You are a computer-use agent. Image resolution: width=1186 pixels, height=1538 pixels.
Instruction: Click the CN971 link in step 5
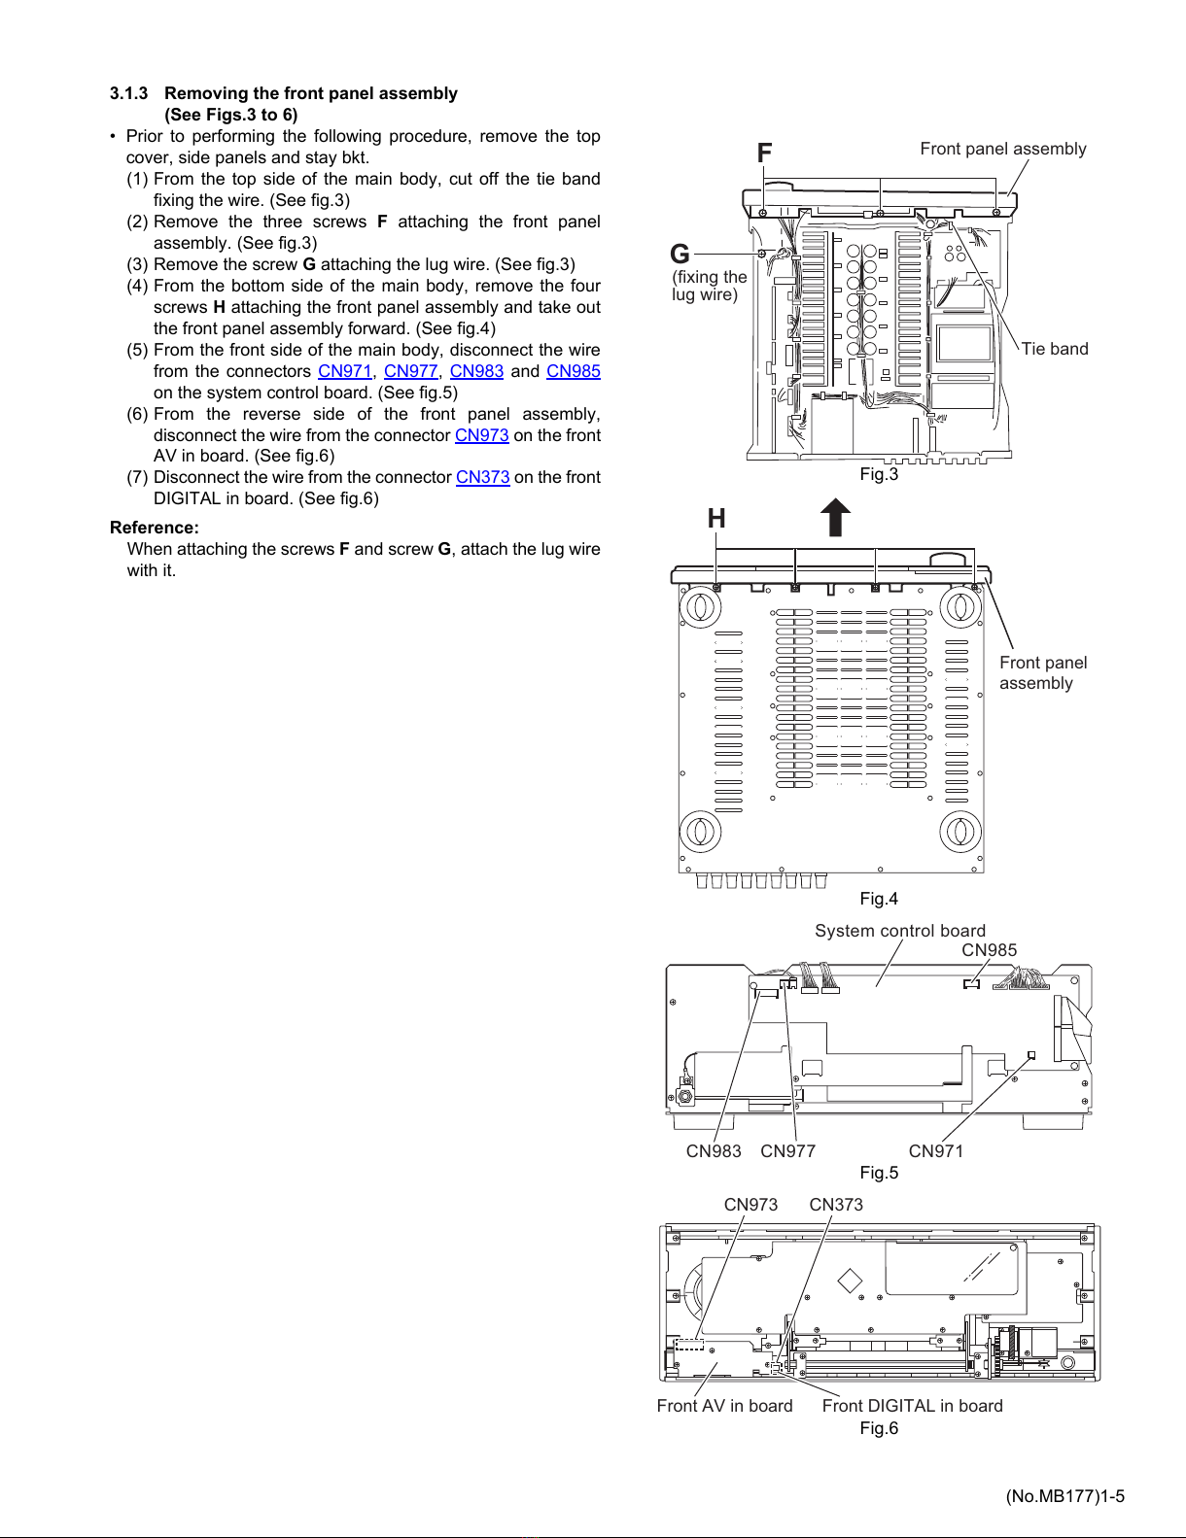[345, 371]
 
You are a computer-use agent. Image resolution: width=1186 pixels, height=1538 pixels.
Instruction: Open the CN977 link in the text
[410, 371]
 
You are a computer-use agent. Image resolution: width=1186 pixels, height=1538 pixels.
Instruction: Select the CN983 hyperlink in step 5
[476, 371]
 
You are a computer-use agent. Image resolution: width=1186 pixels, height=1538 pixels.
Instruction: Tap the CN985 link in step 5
[574, 371]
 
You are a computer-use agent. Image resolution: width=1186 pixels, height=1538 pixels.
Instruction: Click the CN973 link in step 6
[481, 434]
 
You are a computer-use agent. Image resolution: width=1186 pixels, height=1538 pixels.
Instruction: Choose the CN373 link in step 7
[483, 477]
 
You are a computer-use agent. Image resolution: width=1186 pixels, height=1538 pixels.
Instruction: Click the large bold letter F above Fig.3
[764, 153]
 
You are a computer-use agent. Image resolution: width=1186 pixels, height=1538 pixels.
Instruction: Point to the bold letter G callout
[680, 254]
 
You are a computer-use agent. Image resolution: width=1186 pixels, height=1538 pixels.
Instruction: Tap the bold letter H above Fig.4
[716, 518]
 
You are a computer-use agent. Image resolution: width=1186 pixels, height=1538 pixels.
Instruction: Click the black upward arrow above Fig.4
[835, 517]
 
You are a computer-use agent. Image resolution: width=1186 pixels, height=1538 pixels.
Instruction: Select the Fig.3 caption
[879, 474]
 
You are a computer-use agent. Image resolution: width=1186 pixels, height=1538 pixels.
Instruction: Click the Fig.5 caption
[879, 1172]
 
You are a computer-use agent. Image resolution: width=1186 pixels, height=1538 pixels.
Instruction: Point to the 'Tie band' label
[1055, 349]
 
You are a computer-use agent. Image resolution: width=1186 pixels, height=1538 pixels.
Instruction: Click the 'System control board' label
[900, 931]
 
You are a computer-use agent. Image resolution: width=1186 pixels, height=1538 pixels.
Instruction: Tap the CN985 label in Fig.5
[989, 950]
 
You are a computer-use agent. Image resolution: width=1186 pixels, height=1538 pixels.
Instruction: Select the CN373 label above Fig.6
[836, 1205]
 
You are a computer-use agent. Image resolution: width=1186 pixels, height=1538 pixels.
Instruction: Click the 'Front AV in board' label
[724, 1406]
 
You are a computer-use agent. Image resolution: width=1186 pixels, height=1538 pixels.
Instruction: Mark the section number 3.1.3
[129, 93]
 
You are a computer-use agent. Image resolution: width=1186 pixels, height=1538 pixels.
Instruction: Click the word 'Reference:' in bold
[155, 528]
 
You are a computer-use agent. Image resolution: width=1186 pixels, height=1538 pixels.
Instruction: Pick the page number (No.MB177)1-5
[1064, 1496]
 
